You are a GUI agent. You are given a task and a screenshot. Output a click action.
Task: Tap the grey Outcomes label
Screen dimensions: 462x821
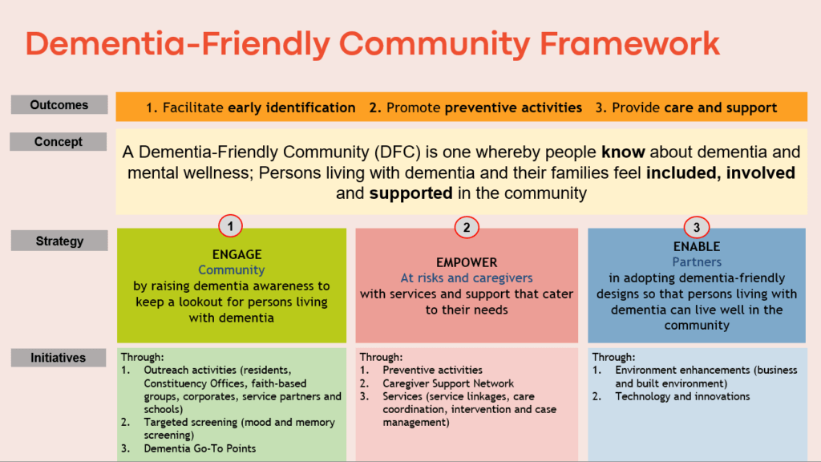coord(59,105)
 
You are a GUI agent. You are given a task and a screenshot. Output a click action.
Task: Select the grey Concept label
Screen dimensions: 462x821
coord(59,142)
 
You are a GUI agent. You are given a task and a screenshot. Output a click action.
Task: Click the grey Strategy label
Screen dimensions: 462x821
coord(59,241)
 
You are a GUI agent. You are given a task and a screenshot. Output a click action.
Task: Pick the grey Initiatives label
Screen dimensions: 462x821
coord(59,359)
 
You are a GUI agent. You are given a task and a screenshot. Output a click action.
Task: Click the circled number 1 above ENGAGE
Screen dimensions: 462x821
coord(231,227)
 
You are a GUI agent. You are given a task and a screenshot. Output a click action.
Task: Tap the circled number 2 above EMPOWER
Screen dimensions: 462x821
coord(466,228)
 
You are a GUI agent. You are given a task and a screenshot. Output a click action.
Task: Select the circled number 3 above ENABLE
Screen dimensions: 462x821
coord(697,227)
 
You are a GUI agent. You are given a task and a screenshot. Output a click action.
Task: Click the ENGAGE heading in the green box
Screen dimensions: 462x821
coord(232,254)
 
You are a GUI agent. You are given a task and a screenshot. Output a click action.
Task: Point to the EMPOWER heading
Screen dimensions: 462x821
coord(467,262)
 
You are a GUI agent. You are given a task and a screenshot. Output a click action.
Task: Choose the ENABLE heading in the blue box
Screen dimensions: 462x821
coord(697,246)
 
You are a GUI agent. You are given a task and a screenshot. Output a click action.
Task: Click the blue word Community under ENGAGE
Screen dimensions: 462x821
coord(232,270)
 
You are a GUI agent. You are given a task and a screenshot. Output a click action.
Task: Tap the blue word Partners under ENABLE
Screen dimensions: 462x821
coord(697,262)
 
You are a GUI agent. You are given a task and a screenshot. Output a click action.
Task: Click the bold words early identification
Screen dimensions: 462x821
coord(292,107)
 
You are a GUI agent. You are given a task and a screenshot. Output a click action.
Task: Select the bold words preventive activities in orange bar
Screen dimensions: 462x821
coord(513,107)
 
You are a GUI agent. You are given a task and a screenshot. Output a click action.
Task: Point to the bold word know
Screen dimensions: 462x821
coord(619,151)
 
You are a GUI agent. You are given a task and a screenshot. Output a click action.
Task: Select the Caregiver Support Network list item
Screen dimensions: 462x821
coord(448,383)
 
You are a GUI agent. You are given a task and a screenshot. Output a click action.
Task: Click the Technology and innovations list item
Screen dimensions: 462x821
coord(682,396)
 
